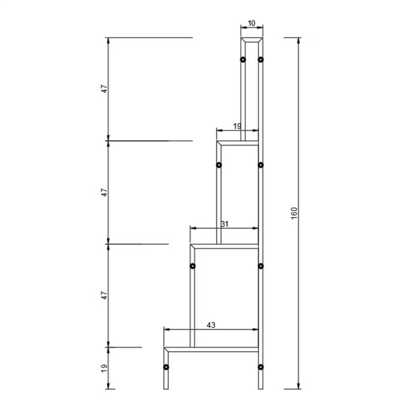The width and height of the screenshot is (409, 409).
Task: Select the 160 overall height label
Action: pyautogui.click(x=294, y=213)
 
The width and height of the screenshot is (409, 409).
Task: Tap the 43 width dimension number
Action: pyautogui.click(x=211, y=325)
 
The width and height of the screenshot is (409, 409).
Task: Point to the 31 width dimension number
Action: pyautogui.click(x=225, y=224)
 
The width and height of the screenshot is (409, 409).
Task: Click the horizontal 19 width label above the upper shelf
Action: pyautogui.click(x=237, y=126)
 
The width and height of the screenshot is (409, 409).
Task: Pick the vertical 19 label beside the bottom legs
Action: pyautogui.click(x=104, y=368)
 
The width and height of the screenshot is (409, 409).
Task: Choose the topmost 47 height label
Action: pyautogui.click(x=104, y=89)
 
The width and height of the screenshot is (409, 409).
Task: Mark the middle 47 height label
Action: pyautogui.click(x=104, y=192)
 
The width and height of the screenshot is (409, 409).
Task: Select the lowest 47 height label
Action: pyautogui.click(x=104, y=295)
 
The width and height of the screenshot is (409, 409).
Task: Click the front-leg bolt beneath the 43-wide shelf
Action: pyautogui.click(x=166, y=367)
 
